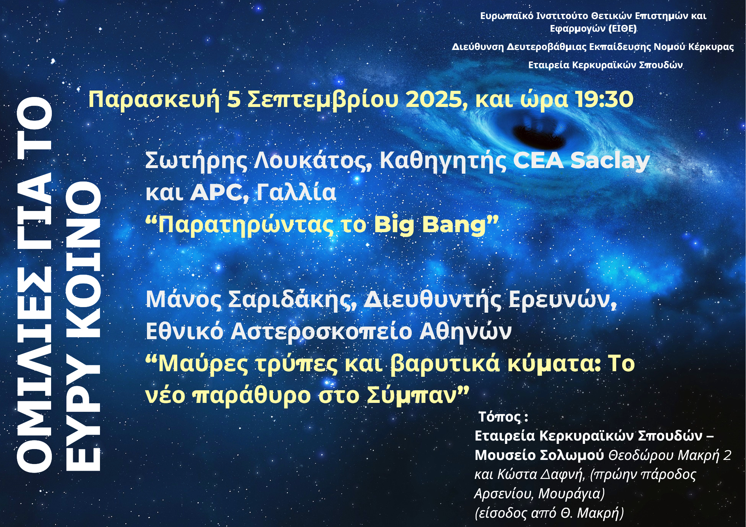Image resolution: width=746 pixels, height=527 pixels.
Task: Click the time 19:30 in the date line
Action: (x=604, y=100)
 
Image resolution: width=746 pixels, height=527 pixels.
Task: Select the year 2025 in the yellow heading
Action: (x=435, y=100)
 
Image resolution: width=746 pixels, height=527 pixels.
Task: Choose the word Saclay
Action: (x=610, y=161)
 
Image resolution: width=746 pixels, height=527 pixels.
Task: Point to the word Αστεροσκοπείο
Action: (x=321, y=332)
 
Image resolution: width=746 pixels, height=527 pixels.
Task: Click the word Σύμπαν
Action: (x=412, y=396)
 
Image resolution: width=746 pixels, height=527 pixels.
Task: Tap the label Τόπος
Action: (x=499, y=417)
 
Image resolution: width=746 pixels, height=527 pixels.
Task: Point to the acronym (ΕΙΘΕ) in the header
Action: (x=623, y=29)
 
